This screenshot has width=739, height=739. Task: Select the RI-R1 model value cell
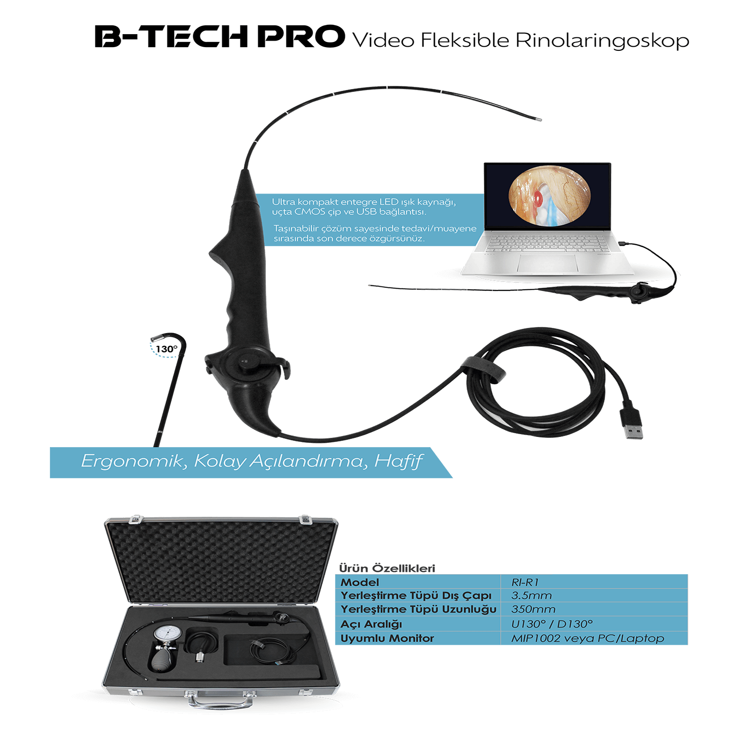[x=525, y=582]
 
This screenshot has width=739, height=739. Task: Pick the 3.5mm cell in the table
[x=531, y=595]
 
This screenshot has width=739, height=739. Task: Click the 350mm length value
[x=533, y=609]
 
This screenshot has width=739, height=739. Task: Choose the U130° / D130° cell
[x=551, y=624]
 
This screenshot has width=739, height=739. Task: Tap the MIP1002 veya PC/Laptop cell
[x=587, y=638]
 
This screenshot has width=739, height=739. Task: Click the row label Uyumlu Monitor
[x=387, y=638]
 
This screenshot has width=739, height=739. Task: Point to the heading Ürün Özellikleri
[x=387, y=568]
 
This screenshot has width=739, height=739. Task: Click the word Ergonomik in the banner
[x=132, y=461]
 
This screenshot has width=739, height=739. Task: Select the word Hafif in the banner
[x=398, y=461]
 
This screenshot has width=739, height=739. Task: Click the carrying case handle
[x=220, y=703]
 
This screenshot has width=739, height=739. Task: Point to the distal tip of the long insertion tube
[x=539, y=120]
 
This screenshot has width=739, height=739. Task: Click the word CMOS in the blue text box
[x=310, y=212]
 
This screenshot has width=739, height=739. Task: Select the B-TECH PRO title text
[x=220, y=37]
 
